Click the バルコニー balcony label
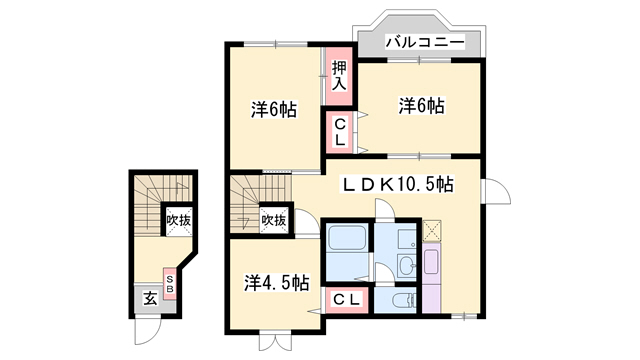tap(425, 42)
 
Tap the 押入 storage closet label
tap(339, 76)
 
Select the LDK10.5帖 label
tap(398, 184)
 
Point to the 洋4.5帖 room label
tap(276, 282)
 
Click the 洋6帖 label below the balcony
tap(422, 106)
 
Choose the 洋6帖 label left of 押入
tap(273, 109)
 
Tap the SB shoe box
tap(170, 284)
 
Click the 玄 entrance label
tap(150, 299)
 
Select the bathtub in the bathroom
tap(347, 237)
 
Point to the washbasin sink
tap(407, 264)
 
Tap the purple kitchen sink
tap(431, 261)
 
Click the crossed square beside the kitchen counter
tap(431, 230)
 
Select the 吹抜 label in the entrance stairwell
tap(178, 220)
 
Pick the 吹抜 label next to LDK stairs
tap(273, 220)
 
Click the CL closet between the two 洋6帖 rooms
tap(340, 131)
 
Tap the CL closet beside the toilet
tap(347, 300)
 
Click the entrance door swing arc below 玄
tap(148, 331)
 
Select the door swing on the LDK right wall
tap(496, 191)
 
